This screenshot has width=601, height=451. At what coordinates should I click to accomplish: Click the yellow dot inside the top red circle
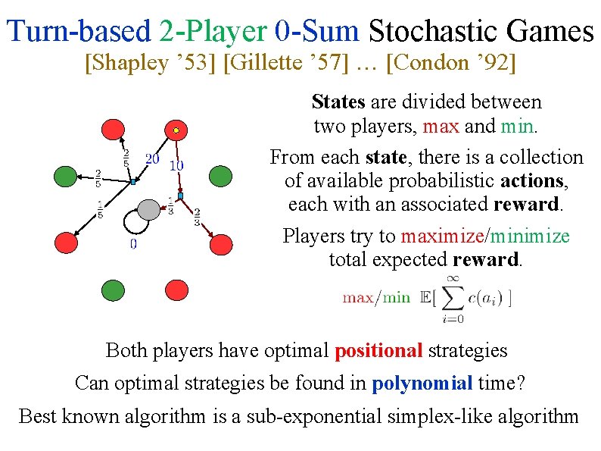coord(176,130)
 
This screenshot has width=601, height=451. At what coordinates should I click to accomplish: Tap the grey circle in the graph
coord(149,208)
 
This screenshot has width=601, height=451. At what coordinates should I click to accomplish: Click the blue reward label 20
coord(152,158)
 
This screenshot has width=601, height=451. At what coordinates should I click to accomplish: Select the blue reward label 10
coord(176,164)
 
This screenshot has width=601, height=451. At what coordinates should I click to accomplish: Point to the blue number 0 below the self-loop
coord(133,244)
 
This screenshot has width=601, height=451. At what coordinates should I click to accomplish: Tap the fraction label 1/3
coord(170,205)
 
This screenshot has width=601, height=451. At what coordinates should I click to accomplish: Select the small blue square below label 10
coord(180,196)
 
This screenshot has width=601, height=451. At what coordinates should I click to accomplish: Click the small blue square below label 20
coord(132,183)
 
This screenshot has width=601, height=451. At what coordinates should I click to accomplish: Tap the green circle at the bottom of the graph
coord(113,290)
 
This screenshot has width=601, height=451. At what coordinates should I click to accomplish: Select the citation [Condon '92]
coord(451,62)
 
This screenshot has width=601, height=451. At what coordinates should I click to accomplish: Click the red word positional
coord(378,351)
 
